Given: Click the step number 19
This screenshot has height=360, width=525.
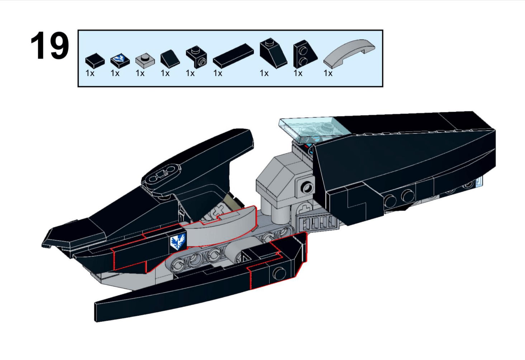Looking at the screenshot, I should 49,46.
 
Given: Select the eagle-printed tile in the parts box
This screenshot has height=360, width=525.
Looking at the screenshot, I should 120,60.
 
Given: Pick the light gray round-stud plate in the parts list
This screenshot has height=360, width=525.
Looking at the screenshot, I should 145,60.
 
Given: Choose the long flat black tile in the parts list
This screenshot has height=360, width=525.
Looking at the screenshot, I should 233,56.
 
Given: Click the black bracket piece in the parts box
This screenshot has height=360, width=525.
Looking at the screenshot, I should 197,57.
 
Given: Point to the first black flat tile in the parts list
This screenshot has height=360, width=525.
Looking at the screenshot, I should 95,60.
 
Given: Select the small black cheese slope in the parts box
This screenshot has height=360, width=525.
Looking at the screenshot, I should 170,59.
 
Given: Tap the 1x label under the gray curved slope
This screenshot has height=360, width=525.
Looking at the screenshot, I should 328,73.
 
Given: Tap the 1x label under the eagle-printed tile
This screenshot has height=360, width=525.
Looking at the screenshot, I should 115,73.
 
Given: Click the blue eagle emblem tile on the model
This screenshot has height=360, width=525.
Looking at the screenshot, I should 178,242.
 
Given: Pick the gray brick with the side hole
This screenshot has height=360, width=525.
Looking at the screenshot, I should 305,187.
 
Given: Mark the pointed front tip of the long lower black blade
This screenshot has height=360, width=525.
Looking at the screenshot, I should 97,312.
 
